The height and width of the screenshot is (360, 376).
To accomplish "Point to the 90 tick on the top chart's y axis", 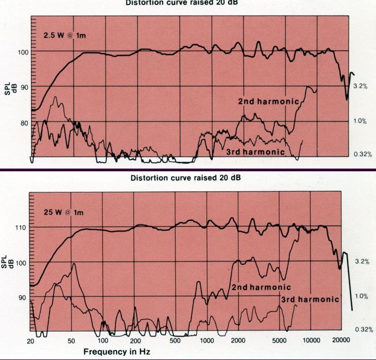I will click(x=23, y=87).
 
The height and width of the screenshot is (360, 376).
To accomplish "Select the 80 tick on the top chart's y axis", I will click(x=23, y=123).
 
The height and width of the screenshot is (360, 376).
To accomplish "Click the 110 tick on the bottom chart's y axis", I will click(x=22, y=227).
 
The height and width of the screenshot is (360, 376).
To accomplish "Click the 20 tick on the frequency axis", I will click(x=30, y=342).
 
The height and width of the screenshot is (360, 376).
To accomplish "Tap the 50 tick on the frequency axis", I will click(x=72, y=342).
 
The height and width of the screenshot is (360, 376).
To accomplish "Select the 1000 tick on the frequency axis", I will click(x=207, y=342).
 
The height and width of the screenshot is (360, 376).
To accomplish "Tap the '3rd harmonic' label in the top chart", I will click(x=255, y=152).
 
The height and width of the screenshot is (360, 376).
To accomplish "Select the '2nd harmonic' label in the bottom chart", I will click(x=261, y=287).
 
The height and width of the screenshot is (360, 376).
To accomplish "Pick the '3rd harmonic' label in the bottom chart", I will click(x=310, y=300).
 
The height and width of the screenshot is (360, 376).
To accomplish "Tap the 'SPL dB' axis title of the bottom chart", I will click(x=8, y=262).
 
